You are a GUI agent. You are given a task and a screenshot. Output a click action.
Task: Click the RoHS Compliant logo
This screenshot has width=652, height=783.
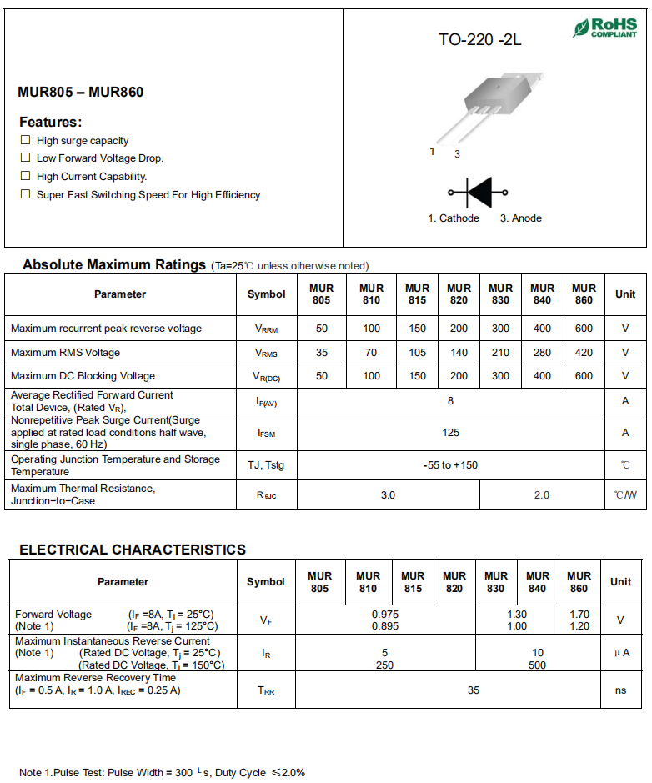(x=605, y=28)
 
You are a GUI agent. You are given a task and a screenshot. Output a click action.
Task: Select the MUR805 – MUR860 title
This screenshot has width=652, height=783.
(x=80, y=92)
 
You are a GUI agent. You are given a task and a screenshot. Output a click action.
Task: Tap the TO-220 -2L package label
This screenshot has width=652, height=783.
(x=479, y=39)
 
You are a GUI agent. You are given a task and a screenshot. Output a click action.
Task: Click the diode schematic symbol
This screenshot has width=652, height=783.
(x=479, y=192)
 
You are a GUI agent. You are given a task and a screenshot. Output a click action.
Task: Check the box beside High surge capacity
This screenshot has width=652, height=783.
(x=26, y=140)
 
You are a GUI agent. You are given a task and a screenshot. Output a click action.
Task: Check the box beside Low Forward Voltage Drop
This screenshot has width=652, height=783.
(x=26, y=158)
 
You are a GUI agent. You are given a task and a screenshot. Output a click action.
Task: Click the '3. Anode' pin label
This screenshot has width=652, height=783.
(x=520, y=218)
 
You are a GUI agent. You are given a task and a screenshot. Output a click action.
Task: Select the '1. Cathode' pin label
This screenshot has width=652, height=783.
(x=454, y=218)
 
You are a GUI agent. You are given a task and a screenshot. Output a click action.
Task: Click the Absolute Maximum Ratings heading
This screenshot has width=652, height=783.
(x=113, y=264)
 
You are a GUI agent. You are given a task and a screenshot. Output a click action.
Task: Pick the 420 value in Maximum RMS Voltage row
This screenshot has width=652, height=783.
(x=584, y=353)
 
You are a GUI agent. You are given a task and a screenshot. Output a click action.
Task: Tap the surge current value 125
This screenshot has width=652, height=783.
(x=450, y=433)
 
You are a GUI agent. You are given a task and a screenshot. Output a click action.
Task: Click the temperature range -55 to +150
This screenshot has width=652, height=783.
(x=450, y=464)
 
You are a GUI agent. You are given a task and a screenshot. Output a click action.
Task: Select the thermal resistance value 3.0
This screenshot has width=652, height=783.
(x=388, y=495)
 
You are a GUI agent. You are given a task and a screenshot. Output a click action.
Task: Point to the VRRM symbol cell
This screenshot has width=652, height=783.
(x=266, y=329)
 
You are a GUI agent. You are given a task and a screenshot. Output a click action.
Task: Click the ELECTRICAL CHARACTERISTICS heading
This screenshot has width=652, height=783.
(x=132, y=550)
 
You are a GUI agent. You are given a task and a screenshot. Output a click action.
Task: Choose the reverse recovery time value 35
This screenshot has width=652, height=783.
(x=474, y=690)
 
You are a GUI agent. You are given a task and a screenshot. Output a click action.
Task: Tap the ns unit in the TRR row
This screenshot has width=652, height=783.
(x=620, y=690)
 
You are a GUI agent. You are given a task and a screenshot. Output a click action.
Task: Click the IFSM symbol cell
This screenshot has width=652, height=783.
(x=266, y=433)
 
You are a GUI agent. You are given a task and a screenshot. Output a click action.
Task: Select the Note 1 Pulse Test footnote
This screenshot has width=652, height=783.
(x=162, y=772)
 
